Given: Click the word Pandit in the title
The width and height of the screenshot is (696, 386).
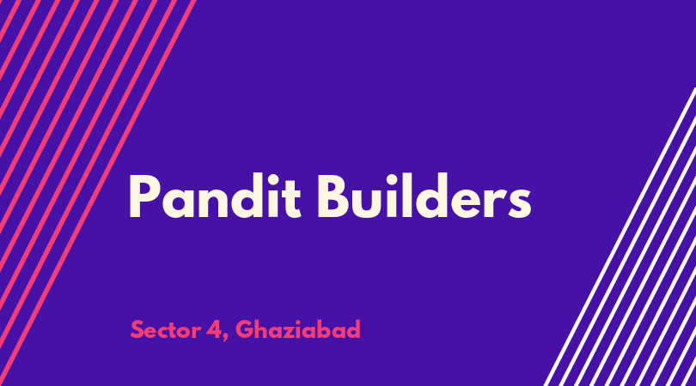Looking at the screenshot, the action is click(x=215, y=196).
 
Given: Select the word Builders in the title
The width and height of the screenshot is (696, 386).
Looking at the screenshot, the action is click(x=424, y=196).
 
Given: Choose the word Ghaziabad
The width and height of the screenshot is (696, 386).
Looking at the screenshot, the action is click(x=298, y=329).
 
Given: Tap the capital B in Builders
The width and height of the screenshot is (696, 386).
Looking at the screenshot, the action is click(x=333, y=196).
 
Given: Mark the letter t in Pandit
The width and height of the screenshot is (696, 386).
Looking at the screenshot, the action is click(x=292, y=198).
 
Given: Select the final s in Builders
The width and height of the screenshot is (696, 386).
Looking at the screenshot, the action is click(x=519, y=203).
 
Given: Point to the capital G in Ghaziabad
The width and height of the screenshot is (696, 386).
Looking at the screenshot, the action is click(x=244, y=329).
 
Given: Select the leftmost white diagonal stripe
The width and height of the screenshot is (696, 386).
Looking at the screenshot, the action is click(x=620, y=237).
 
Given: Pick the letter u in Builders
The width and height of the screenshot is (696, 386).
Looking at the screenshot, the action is click(x=368, y=203).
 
